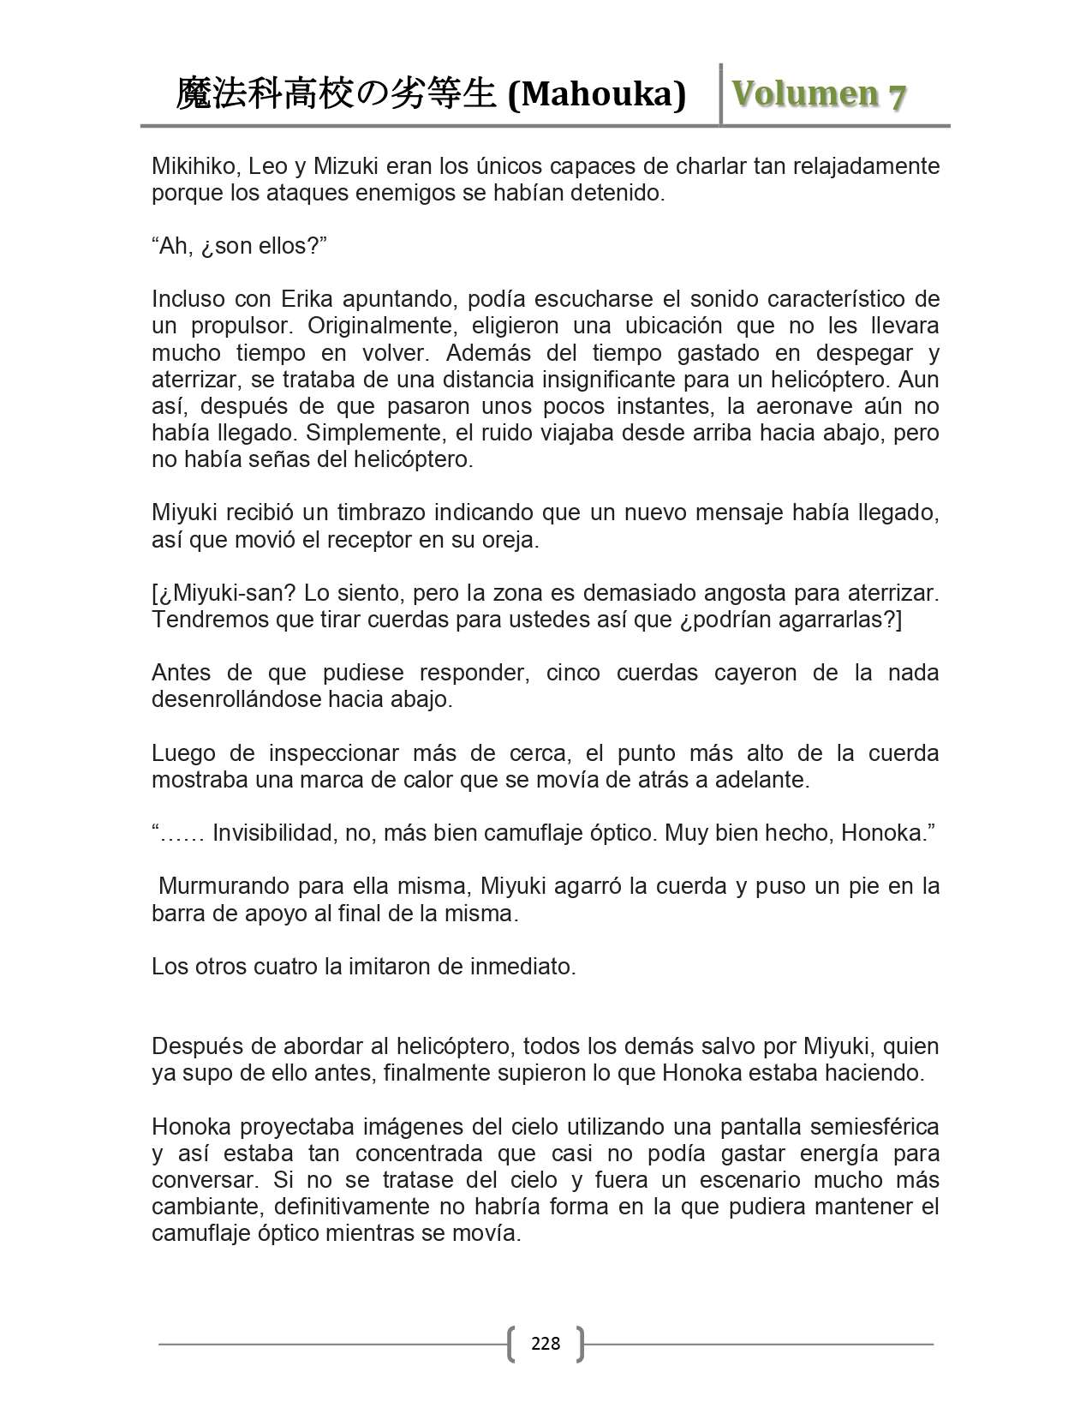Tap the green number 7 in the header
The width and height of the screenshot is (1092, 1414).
click(x=896, y=96)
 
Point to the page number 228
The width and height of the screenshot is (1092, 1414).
click(x=546, y=1343)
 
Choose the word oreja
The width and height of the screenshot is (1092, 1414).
click(x=510, y=540)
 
